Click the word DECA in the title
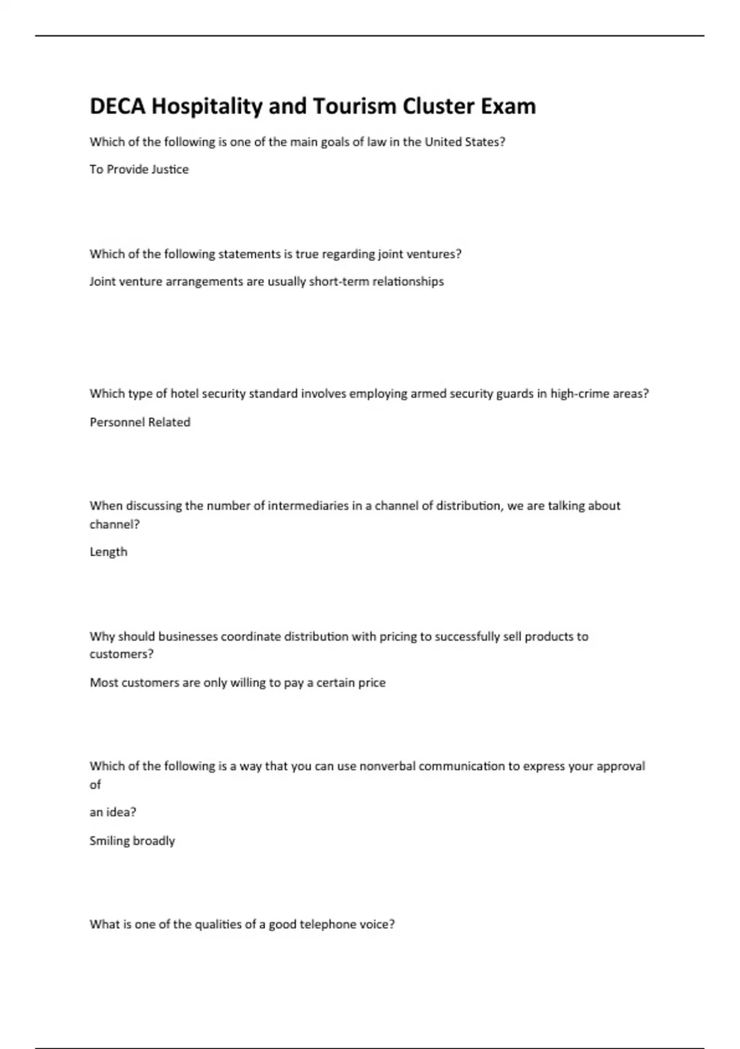(x=117, y=106)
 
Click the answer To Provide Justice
(x=139, y=169)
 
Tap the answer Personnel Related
(x=140, y=422)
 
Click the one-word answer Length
(x=109, y=552)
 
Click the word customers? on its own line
(x=121, y=654)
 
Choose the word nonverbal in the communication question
(x=387, y=766)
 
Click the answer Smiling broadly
(x=132, y=840)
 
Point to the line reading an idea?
(x=113, y=812)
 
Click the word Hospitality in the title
(x=207, y=106)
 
